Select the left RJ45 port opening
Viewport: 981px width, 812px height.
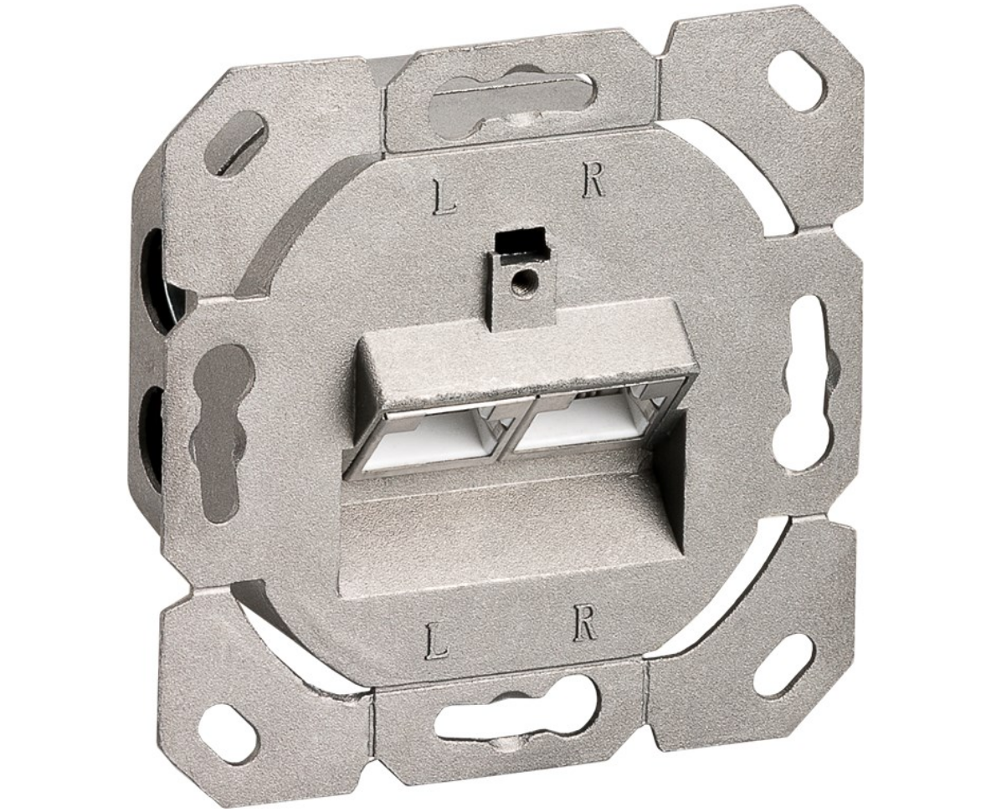tap(429, 441)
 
